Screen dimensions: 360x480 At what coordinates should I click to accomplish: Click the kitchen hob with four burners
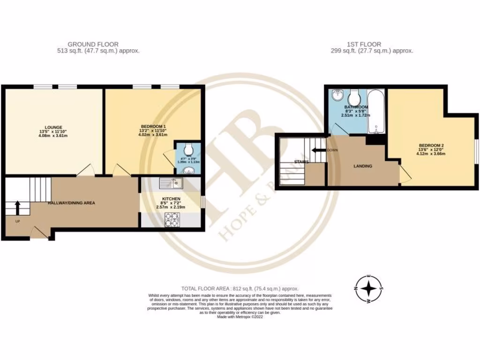(172, 218)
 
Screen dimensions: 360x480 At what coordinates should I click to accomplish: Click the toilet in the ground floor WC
(188, 147)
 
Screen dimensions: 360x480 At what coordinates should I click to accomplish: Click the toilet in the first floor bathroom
(353, 97)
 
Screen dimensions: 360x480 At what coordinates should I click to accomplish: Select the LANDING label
(363, 166)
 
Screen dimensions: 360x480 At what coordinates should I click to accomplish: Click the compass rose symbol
(369, 288)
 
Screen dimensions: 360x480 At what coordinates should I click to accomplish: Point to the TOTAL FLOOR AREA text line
(240, 289)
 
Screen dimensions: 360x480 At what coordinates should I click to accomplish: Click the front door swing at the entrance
(40, 232)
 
